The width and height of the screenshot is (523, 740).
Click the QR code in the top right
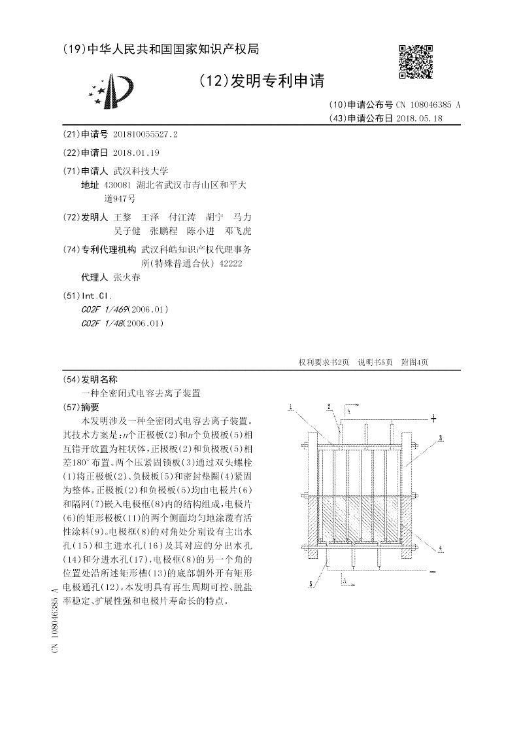click(x=416, y=62)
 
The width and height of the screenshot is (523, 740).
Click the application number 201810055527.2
click(x=145, y=134)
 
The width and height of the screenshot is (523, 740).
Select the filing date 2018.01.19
click(x=136, y=152)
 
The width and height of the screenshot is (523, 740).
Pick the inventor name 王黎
click(x=122, y=217)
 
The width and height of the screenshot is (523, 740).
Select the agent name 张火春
click(x=127, y=277)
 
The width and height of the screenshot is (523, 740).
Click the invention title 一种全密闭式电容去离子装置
click(x=141, y=393)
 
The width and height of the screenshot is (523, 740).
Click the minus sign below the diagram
click(x=433, y=571)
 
